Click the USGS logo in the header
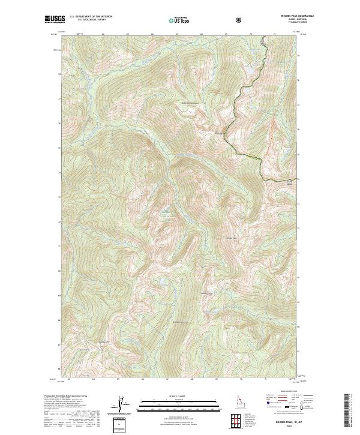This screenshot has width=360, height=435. pyautogui.click(x=55, y=20)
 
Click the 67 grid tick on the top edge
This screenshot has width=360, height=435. pyautogui.click(x=177, y=34)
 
